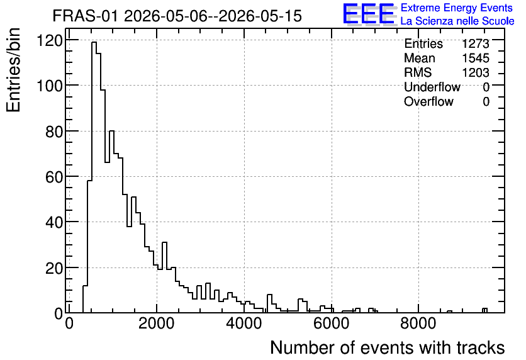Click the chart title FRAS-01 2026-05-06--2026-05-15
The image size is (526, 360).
pyautogui.click(x=177, y=16)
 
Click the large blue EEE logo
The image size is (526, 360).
pyautogui.click(x=369, y=14)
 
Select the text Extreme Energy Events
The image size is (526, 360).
pyautogui.click(x=457, y=8)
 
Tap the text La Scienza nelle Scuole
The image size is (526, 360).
pyautogui.click(x=457, y=21)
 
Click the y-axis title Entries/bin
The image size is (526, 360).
pyautogui.click(x=14, y=70)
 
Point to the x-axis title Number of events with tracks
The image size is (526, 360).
pyautogui.click(x=388, y=347)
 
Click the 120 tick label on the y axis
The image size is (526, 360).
pyautogui.click(x=50, y=41)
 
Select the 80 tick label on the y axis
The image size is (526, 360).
pyautogui.click(x=54, y=132)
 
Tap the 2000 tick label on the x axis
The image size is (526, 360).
pyautogui.click(x=156, y=323)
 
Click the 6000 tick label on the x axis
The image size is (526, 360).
pyautogui.click(x=332, y=323)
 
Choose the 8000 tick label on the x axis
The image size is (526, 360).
pyautogui.click(x=418, y=323)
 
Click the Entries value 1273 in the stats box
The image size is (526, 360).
pyautogui.click(x=475, y=43)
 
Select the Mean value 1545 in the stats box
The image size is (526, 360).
pyautogui.click(x=475, y=58)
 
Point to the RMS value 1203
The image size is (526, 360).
pyautogui.click(x=475, y=72)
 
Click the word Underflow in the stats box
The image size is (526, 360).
pyautogui.click(x=432, y=87)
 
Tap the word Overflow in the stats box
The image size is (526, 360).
pyautogui.click(x=428, y=101)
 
